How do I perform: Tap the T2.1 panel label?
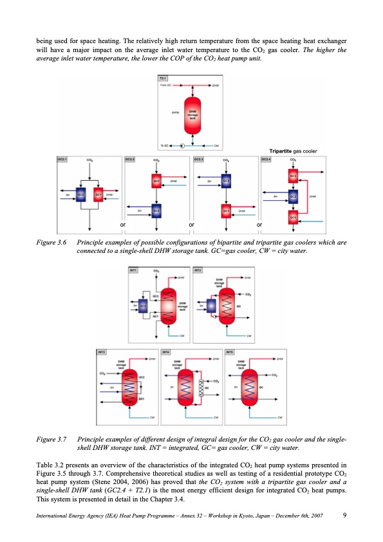[163, 78]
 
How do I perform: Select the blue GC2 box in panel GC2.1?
[81, 194]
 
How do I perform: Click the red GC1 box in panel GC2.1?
[98, 194]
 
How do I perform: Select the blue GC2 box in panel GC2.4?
[294, 196]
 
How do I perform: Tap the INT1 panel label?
[135, 270]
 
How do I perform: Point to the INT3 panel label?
[102, 352]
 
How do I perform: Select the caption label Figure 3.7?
[51, 439]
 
